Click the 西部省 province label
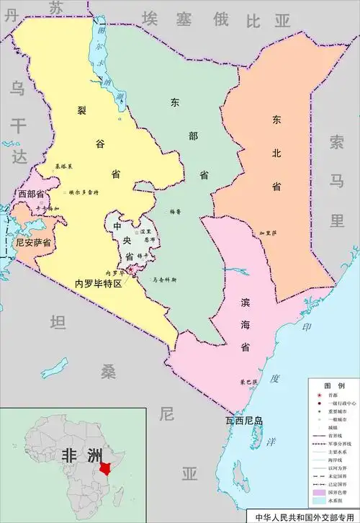click(32, 195)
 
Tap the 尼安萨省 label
click(33, 243)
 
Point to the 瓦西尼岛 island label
click(244, 421)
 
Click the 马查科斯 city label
click(163, 280)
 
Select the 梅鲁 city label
click(175, 212)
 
